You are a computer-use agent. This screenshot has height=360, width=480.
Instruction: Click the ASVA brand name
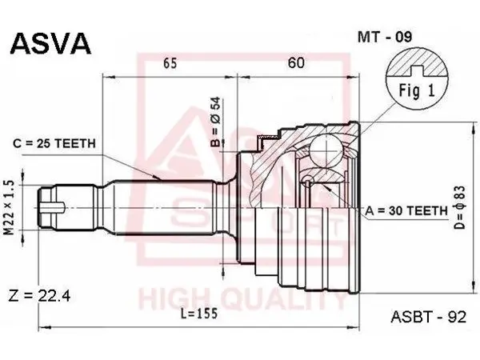tap(51, 44)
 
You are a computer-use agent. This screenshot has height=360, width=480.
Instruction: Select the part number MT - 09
tap(385, 37)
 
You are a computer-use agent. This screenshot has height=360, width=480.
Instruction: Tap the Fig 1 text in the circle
tap(417, 90)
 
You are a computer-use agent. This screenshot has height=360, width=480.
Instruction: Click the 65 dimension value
tap(170, 63)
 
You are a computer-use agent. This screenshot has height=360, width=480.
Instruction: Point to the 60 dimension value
tap(296, 62)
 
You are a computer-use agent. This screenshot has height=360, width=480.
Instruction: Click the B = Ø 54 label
tap(216, 122)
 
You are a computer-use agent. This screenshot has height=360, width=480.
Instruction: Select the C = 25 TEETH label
tap(54, 143)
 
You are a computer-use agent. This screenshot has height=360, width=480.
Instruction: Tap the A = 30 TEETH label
tap(406, 210)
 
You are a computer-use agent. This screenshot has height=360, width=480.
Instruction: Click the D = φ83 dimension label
tap(461, 207)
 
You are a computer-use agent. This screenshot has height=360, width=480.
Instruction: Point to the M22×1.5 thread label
tap(10, 207)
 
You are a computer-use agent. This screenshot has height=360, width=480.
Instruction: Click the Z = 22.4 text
tap(39, 296)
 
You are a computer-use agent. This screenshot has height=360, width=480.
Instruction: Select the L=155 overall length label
tap(199, 314)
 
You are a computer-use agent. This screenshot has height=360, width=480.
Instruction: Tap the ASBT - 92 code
tap(428, 317)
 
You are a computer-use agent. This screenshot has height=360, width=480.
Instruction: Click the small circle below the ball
tap(307, 179)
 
